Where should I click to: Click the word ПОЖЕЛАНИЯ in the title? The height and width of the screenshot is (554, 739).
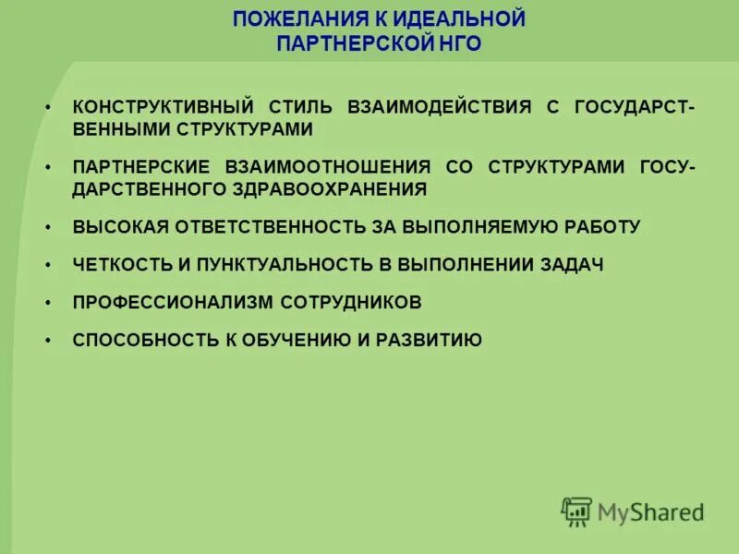point(284,19)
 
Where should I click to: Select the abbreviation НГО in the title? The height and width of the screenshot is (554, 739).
point(459,43)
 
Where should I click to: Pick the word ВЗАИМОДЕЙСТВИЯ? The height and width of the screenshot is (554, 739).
point(439,107)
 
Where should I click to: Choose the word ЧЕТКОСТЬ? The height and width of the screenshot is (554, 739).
point(122,265)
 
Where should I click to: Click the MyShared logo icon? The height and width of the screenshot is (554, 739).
point(576,512)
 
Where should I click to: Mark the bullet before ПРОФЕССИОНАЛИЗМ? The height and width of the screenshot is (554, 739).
point(47,302)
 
